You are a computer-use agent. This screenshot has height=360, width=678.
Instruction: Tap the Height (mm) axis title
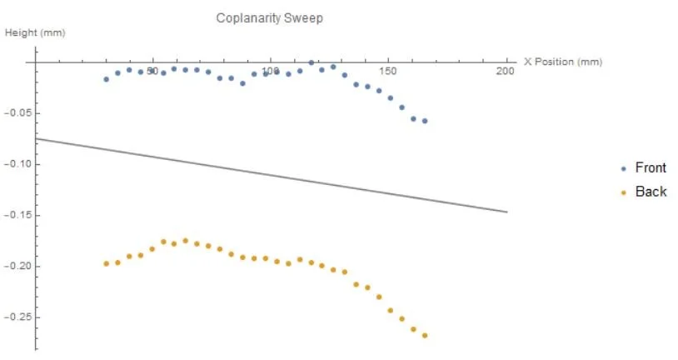(35, 33)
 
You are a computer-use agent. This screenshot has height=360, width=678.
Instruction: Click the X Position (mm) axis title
(563, 62)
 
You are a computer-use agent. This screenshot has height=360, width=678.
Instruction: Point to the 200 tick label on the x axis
(505, 72)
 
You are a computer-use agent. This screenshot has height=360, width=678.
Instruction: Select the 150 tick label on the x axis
(386, 72)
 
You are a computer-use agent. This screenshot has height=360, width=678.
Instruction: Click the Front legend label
(651, 168)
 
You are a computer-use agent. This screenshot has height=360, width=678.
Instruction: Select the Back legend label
(651, 192)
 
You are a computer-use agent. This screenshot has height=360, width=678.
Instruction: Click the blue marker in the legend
(624, 168)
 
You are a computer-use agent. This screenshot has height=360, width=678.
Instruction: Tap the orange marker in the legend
(624, 192)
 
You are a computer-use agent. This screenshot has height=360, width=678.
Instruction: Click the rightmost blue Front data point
(425, 121)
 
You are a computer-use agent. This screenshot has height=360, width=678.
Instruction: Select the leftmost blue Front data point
(106, 79)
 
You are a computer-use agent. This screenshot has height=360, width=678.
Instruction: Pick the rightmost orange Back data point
(425, 336)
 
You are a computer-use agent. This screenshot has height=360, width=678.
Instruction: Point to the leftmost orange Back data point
(106, 263)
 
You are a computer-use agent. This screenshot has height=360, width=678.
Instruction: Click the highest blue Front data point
(312, 62)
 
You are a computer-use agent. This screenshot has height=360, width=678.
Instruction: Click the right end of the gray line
(507, 212)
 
